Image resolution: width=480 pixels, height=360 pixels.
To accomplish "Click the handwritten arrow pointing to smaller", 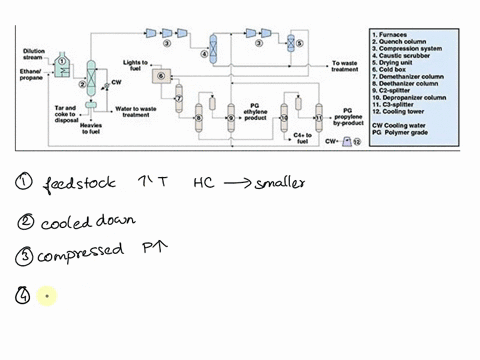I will [236, 183].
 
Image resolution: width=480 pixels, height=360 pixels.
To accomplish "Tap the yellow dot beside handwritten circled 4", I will [44, 296].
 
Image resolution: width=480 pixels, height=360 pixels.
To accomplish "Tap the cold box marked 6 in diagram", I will [160, 76].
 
